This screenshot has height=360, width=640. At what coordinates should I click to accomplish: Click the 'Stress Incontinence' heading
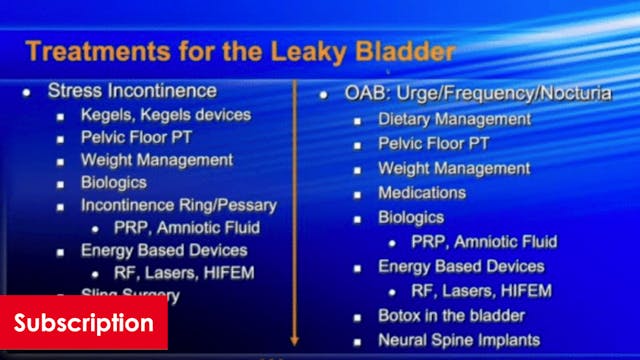tap(132, 91)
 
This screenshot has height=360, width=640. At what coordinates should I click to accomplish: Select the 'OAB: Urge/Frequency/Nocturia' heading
tap(464, 94)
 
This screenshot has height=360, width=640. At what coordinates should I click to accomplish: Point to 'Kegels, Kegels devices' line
tap(166, 114)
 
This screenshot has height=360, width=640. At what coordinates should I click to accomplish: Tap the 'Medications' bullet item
tap(422, 192)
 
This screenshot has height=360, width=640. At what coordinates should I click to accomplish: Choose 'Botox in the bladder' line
tap(444, 315)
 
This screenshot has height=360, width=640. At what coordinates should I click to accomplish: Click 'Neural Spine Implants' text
tap(452, 339)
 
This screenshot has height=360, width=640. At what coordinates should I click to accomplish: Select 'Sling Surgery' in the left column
tap(130, 295)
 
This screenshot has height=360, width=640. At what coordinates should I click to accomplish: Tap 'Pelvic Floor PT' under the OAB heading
tap(433, 143)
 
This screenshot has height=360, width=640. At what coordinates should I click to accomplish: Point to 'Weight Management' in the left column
tap(157, 160)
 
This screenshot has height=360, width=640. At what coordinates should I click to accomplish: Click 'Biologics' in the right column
tap(411, 216)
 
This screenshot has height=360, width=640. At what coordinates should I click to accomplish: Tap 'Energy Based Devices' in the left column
tap(164, 250)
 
